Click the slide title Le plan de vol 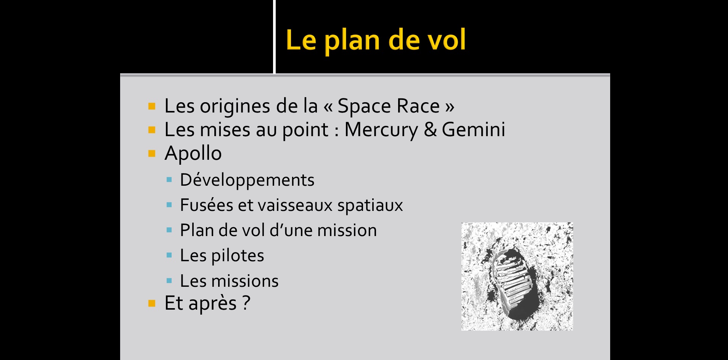(376, 40)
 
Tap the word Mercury (381, 130)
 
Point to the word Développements (247, 180)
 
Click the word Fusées (206, 205)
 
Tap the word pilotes (238, 256)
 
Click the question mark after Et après (246, 303)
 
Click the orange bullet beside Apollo (152, 154)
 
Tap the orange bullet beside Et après (152, 304)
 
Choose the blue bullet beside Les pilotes (169, 256)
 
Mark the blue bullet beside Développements (169, 180)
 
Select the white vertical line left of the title (274, 37)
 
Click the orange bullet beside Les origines (152, 106)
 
